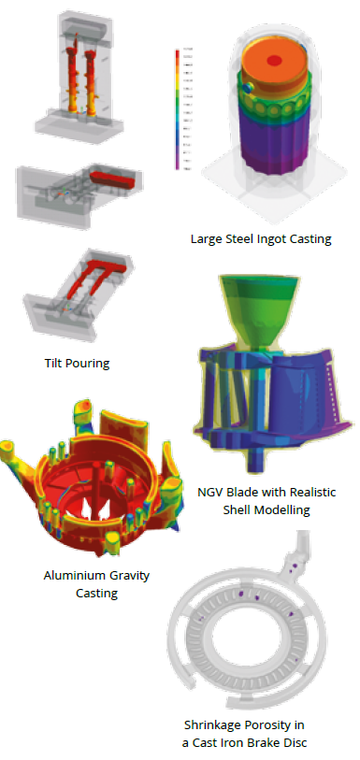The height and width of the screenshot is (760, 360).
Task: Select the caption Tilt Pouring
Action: pyautogui.click(x=77, y=364)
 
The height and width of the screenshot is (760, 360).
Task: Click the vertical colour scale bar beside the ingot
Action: pyautogui.click(x=177, y=108)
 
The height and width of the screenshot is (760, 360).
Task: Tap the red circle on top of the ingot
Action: pyautogui.click(x=274, y=61)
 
